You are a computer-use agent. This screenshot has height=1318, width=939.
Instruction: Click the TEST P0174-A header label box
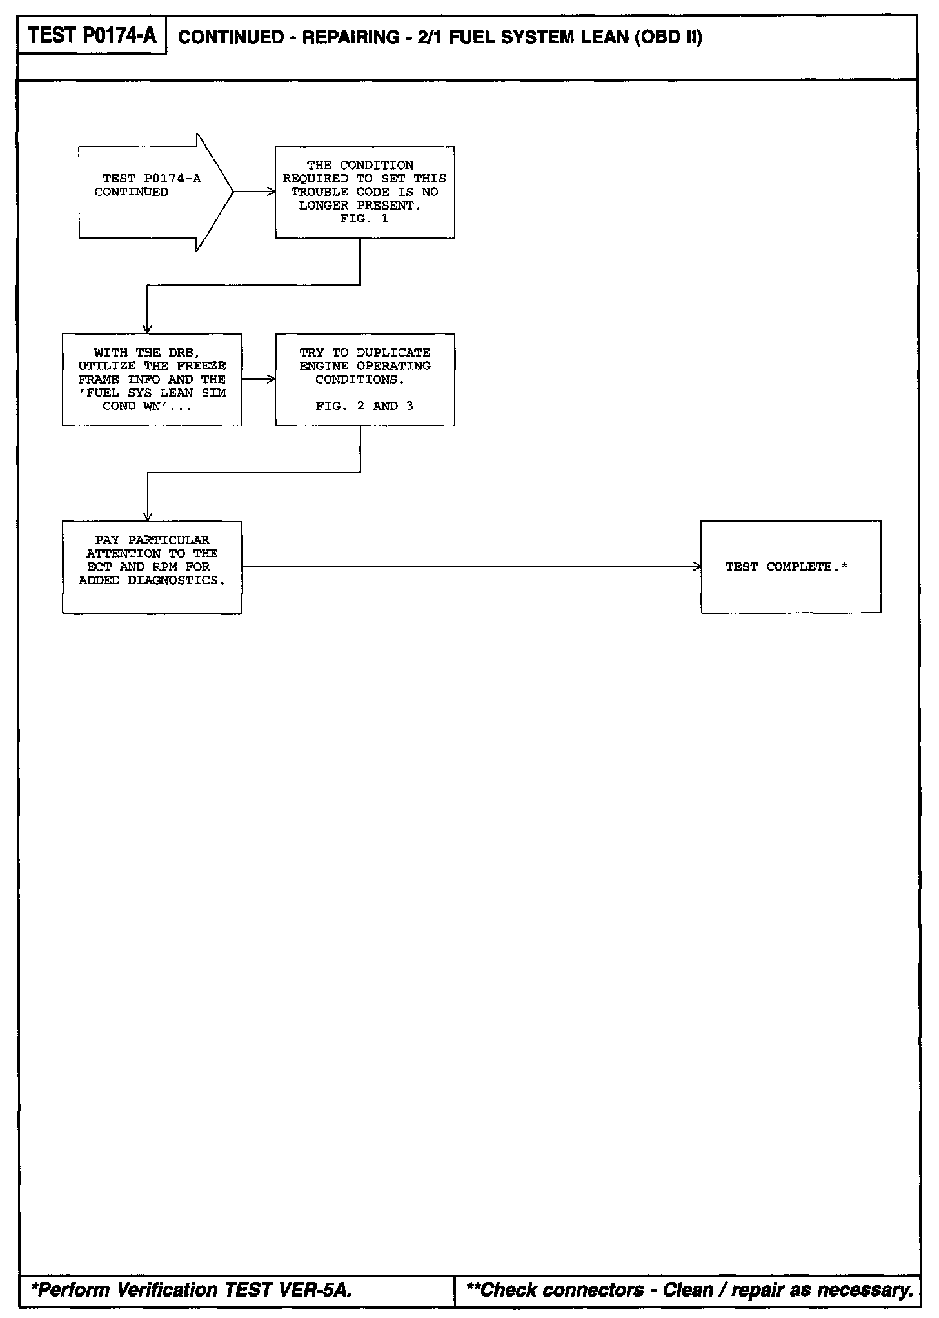point(92,36)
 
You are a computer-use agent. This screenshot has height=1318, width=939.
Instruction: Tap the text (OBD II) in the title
point(669,37)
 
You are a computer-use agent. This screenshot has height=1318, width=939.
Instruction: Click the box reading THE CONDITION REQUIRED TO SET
point(364,192)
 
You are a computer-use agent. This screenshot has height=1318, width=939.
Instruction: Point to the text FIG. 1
point(364,219)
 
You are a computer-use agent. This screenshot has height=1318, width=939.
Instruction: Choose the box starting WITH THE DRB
point(152,379)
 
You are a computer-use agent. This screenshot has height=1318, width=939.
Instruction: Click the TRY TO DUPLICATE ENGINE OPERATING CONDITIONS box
point(364,379)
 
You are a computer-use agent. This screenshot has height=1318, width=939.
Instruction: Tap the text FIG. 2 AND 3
point(364,406)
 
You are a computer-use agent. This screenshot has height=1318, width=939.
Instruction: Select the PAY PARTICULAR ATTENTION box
point(152,567)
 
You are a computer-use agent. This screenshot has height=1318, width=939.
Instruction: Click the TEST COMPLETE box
point(791,567)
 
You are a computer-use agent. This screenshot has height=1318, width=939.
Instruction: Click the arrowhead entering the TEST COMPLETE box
point(697,567)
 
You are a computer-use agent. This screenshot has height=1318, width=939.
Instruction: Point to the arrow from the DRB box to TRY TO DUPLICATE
point(258,379)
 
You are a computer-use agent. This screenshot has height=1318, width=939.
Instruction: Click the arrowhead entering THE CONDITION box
point(272,192)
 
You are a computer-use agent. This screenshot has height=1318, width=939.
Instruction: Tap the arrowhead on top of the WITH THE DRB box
point(147,329)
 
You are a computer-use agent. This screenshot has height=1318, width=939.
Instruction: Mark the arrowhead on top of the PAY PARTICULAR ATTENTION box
point(147,517)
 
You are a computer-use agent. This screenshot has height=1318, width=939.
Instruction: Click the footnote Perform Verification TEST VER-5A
point(192,1290)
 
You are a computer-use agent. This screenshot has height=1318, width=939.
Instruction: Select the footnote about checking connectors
point(689,1290)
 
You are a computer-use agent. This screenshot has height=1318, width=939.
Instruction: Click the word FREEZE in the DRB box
point(201,366)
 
